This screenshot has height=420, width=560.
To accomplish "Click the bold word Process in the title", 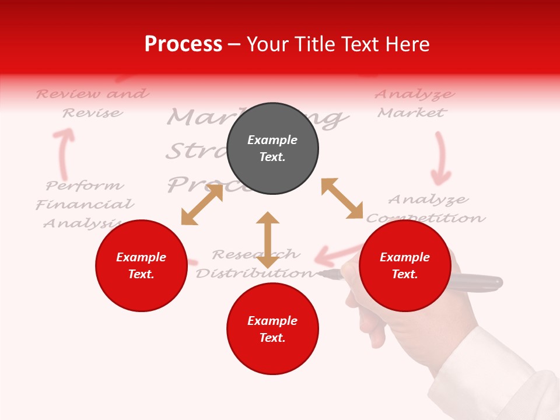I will (x=183, y=44).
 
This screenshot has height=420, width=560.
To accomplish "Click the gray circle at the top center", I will (x=272, y=149).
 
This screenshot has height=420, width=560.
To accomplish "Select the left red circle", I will (x=141, y=265).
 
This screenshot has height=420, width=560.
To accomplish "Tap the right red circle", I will (x=405, y=265).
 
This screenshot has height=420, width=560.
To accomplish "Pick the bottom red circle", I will (x=272, y=329).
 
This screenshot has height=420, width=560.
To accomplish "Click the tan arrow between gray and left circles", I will (x=202, y=204).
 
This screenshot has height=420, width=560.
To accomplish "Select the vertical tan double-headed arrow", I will (x=268, y=239).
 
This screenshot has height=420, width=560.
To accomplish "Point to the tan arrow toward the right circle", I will (x=342, y=198).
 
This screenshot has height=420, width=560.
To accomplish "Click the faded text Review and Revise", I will (x=92, y=103).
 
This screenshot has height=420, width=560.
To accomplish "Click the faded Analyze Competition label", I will (x=426, y=208).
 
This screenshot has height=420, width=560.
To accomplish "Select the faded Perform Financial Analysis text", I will (x=85, y=204).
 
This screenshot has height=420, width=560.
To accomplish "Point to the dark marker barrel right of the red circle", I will (x=475, y=282).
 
